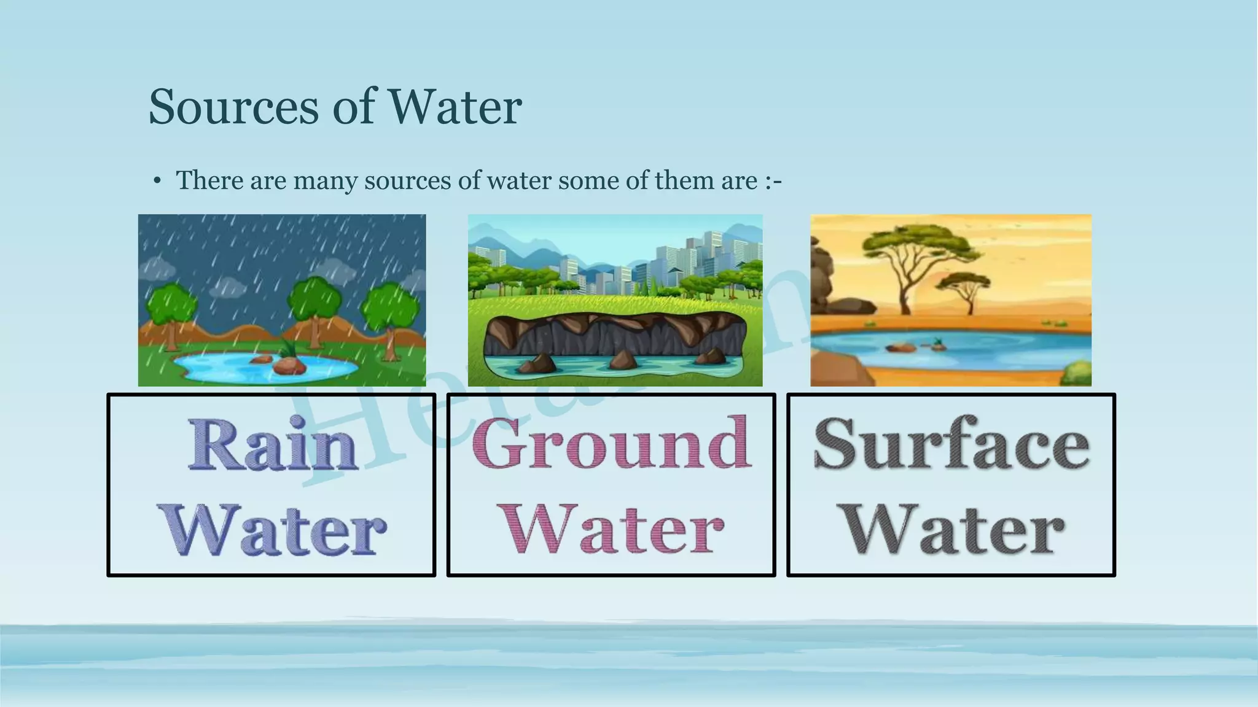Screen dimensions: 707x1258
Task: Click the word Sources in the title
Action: click(x=234, y=107)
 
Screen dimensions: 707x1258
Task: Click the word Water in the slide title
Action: click(x=455, y=107)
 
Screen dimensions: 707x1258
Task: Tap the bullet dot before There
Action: click(x=157, y=181)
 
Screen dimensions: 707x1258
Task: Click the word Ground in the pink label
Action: click(x=611, y=443)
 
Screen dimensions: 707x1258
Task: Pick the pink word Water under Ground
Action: click(x=612, y=529)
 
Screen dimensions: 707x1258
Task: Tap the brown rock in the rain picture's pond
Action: click(x=289, y=366)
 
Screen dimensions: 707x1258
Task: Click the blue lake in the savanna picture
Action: click(x=983, y=350)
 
